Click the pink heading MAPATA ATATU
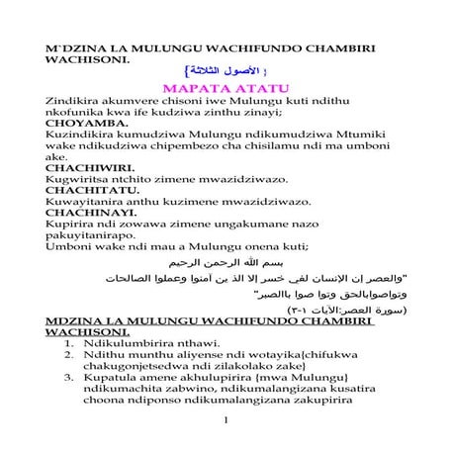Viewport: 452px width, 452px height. (x=226, y=86)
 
